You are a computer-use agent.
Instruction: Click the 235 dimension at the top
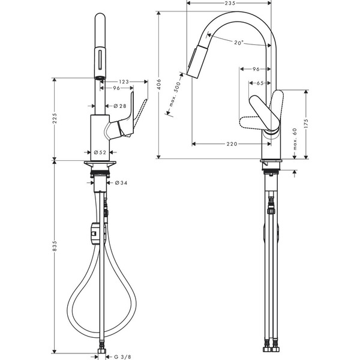click(229, 4)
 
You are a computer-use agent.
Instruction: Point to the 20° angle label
click(239, 43)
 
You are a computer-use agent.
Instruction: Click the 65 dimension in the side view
click(262, 83)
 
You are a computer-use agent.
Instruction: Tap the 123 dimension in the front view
click(124, 82)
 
